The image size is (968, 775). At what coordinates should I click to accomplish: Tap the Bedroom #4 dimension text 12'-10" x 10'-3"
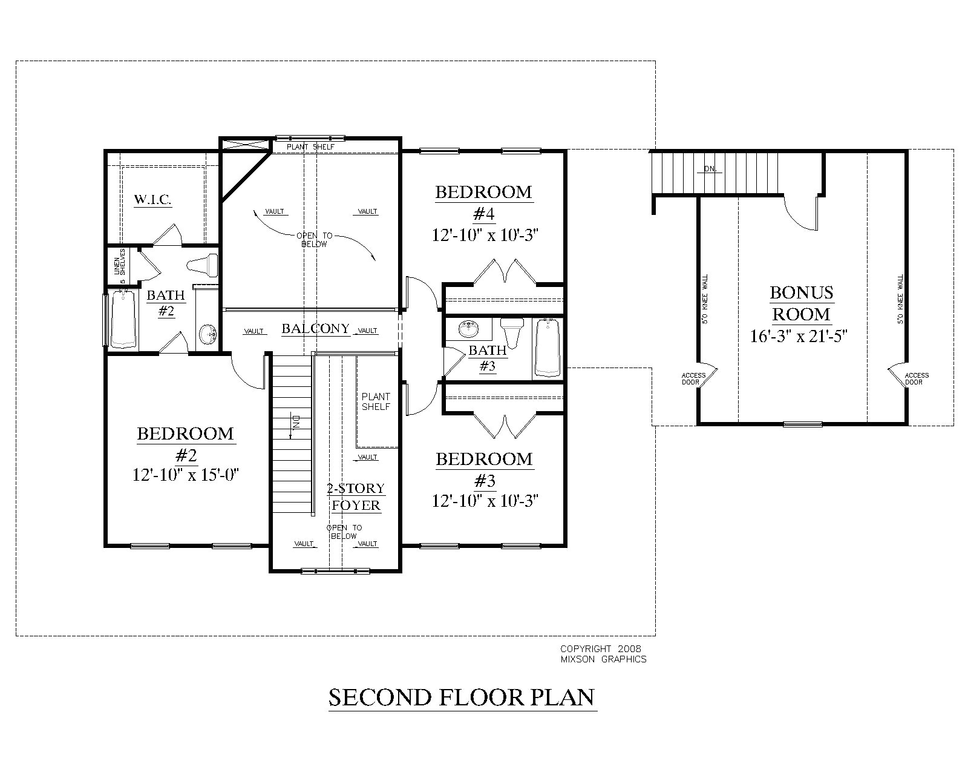485,235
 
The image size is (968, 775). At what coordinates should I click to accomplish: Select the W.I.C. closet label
152,199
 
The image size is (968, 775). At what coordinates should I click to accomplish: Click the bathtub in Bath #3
548,348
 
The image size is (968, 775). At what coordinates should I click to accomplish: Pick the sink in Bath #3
468,329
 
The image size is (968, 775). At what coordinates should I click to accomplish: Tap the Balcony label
315,329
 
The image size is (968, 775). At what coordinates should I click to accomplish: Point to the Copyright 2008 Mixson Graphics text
603,654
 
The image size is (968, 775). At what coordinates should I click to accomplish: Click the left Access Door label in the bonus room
693,378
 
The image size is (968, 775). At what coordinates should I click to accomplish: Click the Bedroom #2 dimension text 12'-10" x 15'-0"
186,475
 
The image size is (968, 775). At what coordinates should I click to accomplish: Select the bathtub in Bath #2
123,320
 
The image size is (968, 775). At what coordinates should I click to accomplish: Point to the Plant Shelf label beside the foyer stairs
376,402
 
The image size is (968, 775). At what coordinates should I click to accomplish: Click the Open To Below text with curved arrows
314,240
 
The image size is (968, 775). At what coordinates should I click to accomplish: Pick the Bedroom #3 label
484,470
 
